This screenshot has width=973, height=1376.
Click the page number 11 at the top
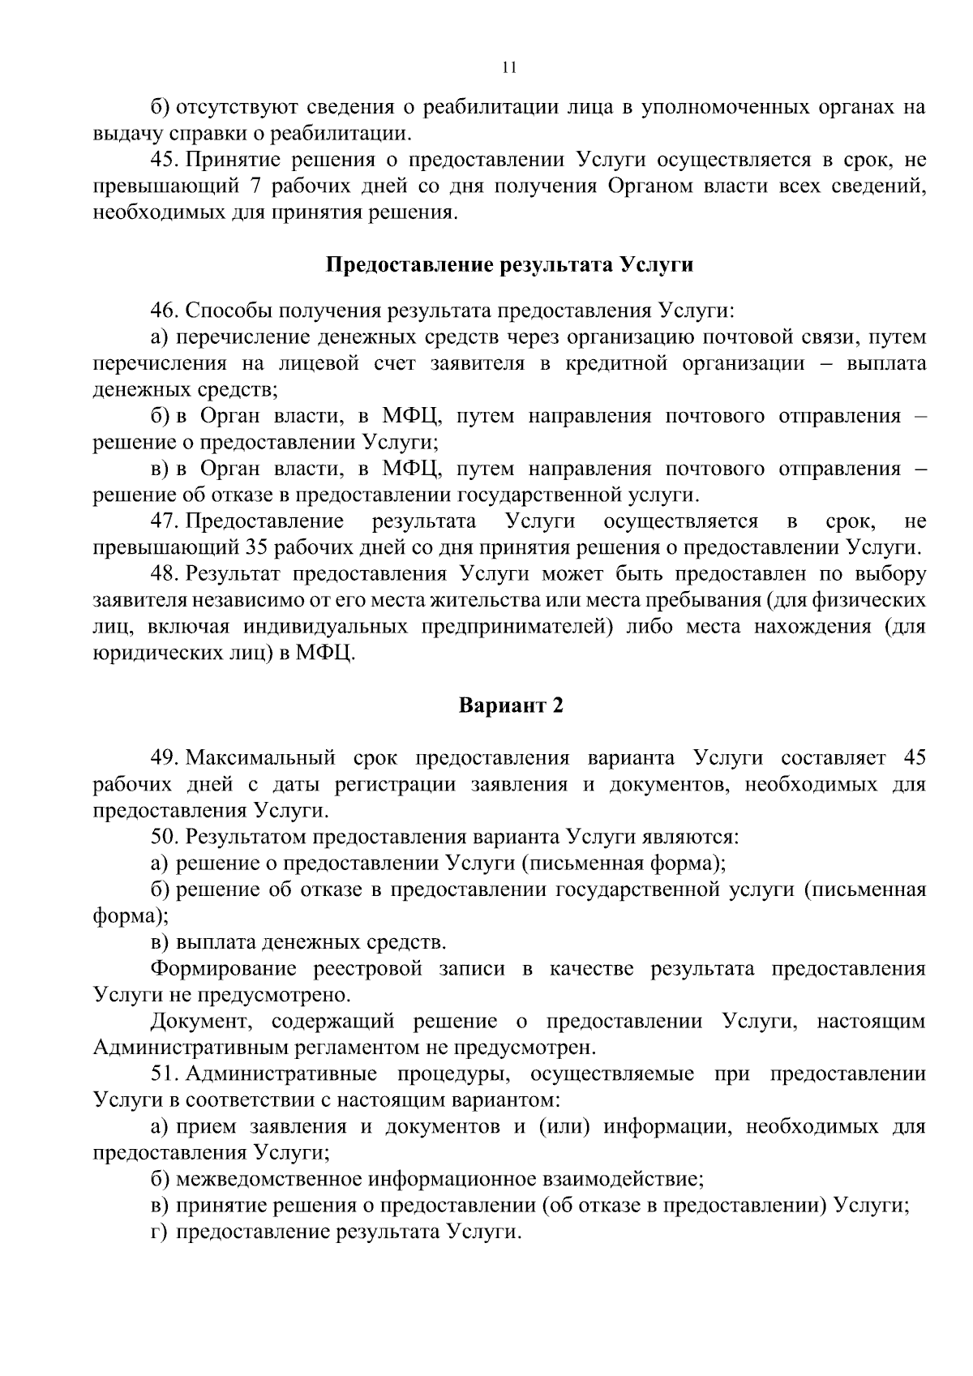[x=509, y=68]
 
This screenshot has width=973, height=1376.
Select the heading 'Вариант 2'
[x=510, y=705]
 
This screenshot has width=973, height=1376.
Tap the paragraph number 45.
[x=164, y=160]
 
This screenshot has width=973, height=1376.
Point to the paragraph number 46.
[x=164, y=311]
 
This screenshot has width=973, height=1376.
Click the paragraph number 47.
[x=164, y=521]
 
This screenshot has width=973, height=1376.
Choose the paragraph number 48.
[x=164, y=574]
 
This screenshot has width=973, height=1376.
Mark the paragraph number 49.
[x=164, y=758]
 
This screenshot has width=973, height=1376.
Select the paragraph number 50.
[x=164, y=837]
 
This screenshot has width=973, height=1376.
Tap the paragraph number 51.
[x=164, y=1074]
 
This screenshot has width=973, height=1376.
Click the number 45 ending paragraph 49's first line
[x=913, y=758]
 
